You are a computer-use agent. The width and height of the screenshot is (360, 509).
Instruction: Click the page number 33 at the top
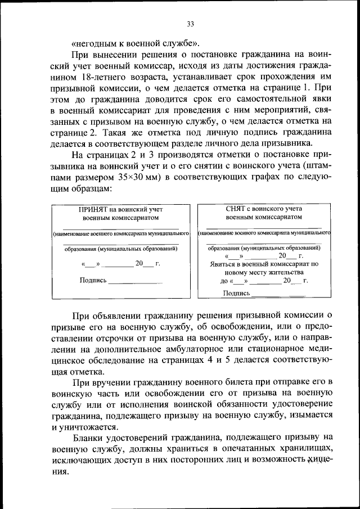pyautogui.click(x=190, y=24)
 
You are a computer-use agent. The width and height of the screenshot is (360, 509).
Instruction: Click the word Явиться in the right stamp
pyautogui.click(x=221, y=263)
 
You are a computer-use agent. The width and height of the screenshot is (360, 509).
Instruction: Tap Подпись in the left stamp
pyautogui.click(x=93, y=280)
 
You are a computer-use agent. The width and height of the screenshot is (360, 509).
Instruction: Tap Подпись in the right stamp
pyautogui.click(x=237, y=292)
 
